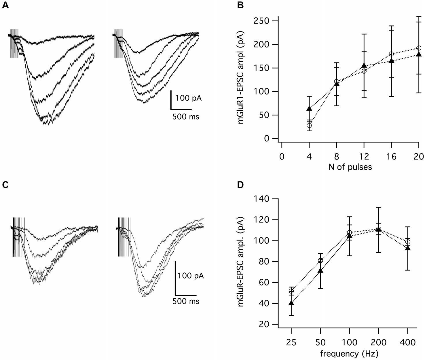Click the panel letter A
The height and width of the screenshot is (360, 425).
pos(5,5)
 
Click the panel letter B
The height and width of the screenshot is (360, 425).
pos(240,5)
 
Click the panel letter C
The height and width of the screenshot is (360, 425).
pos(5,185)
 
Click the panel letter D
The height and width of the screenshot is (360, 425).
pos(240,185)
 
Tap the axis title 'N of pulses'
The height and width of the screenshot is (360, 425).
pos(350,167)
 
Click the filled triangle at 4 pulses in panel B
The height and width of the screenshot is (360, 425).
pos(309,109)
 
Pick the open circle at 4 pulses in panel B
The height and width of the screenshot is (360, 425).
pos(309,126)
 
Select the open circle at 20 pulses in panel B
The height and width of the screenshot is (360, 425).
pos(419,48)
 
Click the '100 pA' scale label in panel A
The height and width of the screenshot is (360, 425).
pos(189,98)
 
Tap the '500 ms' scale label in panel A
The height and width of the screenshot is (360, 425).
pos(186,117)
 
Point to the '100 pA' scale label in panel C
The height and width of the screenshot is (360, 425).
pos(191,276)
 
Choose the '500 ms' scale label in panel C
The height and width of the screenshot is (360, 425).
pos(186,302)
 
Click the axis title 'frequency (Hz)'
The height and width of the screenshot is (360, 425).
pos(349,353)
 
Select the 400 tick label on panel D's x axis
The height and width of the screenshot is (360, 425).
pos(407,342)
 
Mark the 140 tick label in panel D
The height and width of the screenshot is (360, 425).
pos(261,199)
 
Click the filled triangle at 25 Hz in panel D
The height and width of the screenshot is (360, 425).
pos(291,303)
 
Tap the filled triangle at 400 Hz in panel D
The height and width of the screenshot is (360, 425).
pos(407,248)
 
